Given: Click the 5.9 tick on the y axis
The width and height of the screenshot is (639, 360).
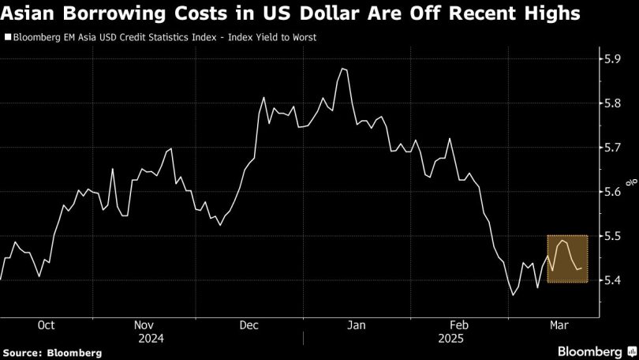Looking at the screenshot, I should click(612, 58).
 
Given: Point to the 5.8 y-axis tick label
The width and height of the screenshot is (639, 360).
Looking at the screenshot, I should click(612, 103).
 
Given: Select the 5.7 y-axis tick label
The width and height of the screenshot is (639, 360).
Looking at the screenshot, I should click(612, 147).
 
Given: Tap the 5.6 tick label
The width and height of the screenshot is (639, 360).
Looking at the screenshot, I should click(612, 191).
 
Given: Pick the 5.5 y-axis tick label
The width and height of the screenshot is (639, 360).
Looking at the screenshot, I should click(612, 235).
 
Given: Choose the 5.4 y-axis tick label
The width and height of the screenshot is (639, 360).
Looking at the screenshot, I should click(612, 279).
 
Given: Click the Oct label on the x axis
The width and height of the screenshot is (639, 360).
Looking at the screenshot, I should click(47, 324).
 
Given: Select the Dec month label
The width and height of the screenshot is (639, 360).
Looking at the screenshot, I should click(249, 324).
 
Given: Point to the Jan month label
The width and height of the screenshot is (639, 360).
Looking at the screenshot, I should click(357, 324).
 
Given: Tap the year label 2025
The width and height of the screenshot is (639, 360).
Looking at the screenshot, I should click(453, 337).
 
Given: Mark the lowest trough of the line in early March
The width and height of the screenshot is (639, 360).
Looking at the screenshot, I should click(513, 295).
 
